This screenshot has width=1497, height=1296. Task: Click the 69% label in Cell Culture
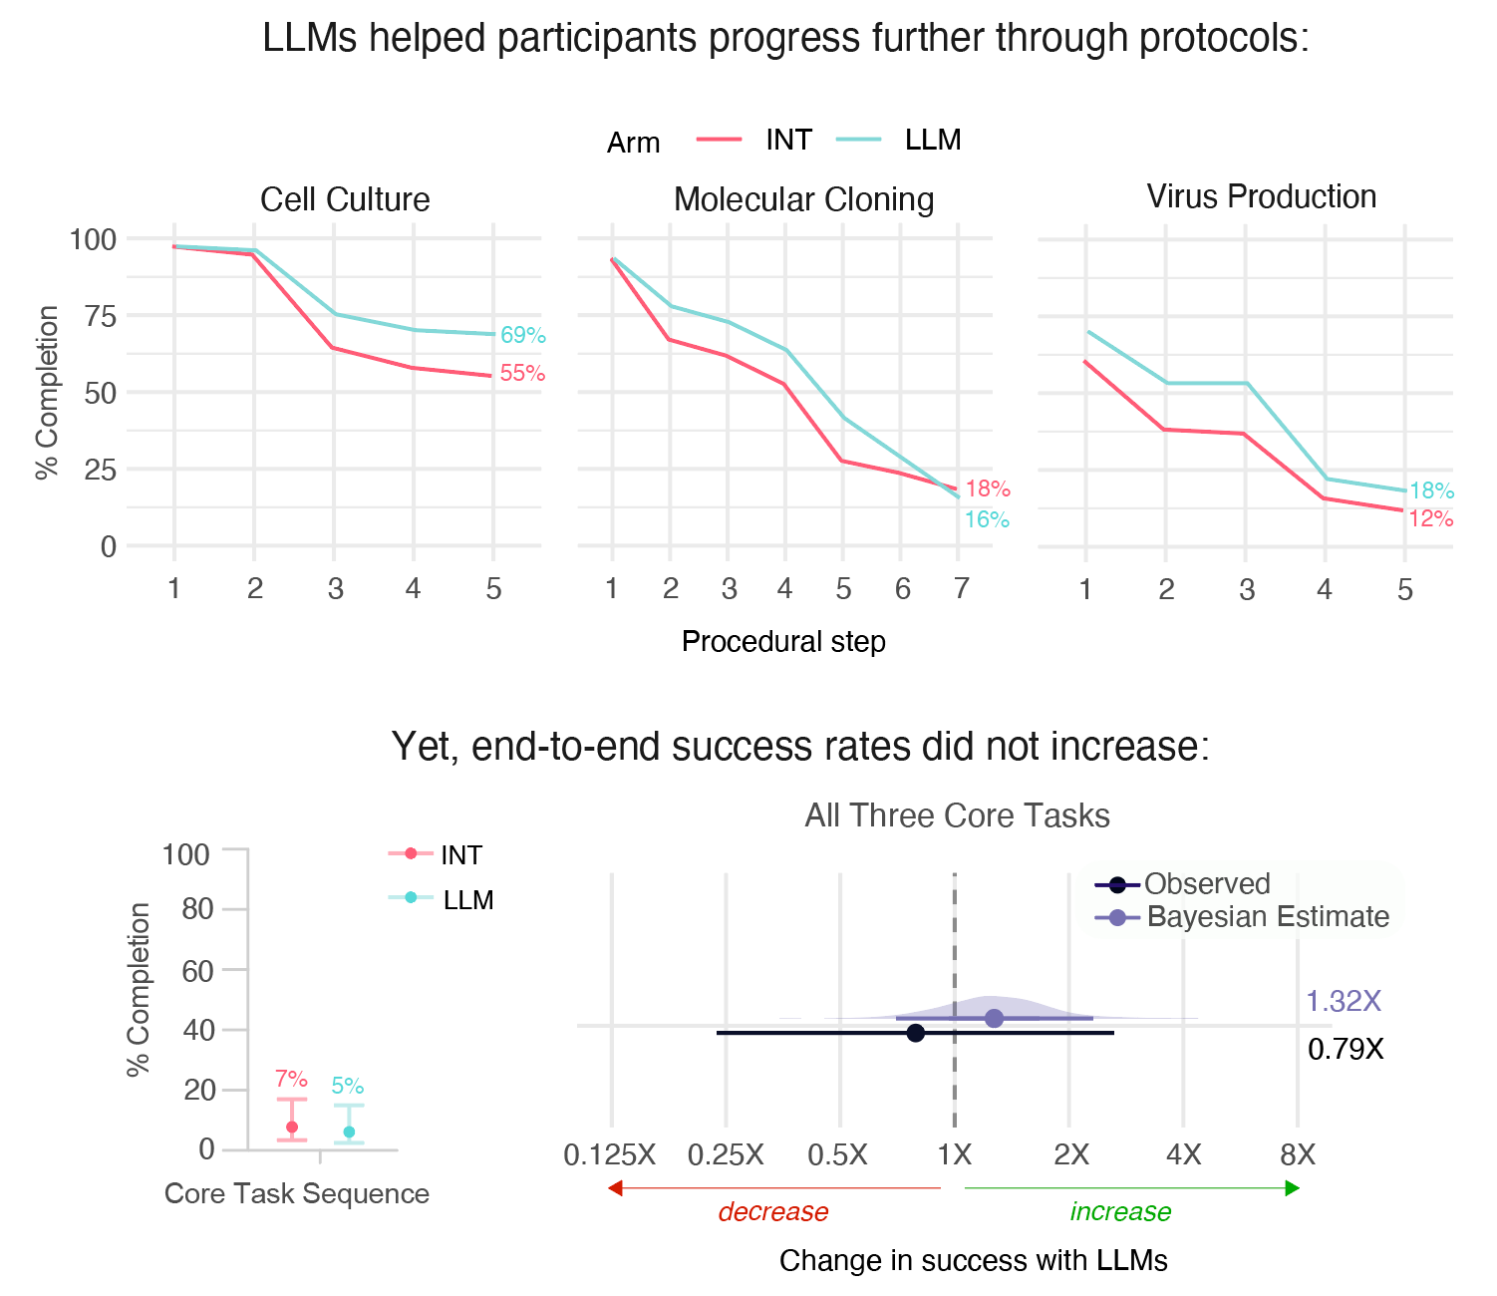(x=522, y=336)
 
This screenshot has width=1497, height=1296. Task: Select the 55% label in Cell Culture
(x=522, y=374)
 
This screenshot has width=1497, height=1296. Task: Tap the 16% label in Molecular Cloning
(x=987, y=519)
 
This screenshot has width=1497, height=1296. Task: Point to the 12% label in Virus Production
(x=1430, y=518)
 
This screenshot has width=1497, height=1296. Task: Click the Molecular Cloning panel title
(x=803, y=199)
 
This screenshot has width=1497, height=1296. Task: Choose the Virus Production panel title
(x=1261, y=196)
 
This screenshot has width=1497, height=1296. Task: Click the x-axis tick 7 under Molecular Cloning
(x=961, y=589)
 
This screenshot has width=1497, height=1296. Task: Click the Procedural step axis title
(x=783, y=641)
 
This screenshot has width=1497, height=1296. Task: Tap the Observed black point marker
(x=915, y=1033)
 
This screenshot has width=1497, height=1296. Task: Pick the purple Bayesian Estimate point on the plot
(x=994, y=1018)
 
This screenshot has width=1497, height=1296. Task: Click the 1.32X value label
(x=1344, y=1001)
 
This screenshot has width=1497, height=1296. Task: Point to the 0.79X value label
(x=1346, y=1049)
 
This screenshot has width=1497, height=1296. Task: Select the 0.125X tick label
(x=610, y=1155)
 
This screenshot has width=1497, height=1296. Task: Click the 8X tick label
(x=1298, y=1155)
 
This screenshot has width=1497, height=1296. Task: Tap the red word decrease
(x=773, y=1212)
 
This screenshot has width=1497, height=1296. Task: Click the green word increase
(x=1120, y=1212)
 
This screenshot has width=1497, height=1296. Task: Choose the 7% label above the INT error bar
(x=291, y=1079)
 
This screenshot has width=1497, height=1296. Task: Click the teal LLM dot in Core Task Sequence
(x=349, y=1132)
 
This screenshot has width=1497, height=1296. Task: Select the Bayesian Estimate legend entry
(x=1267, y=917)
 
